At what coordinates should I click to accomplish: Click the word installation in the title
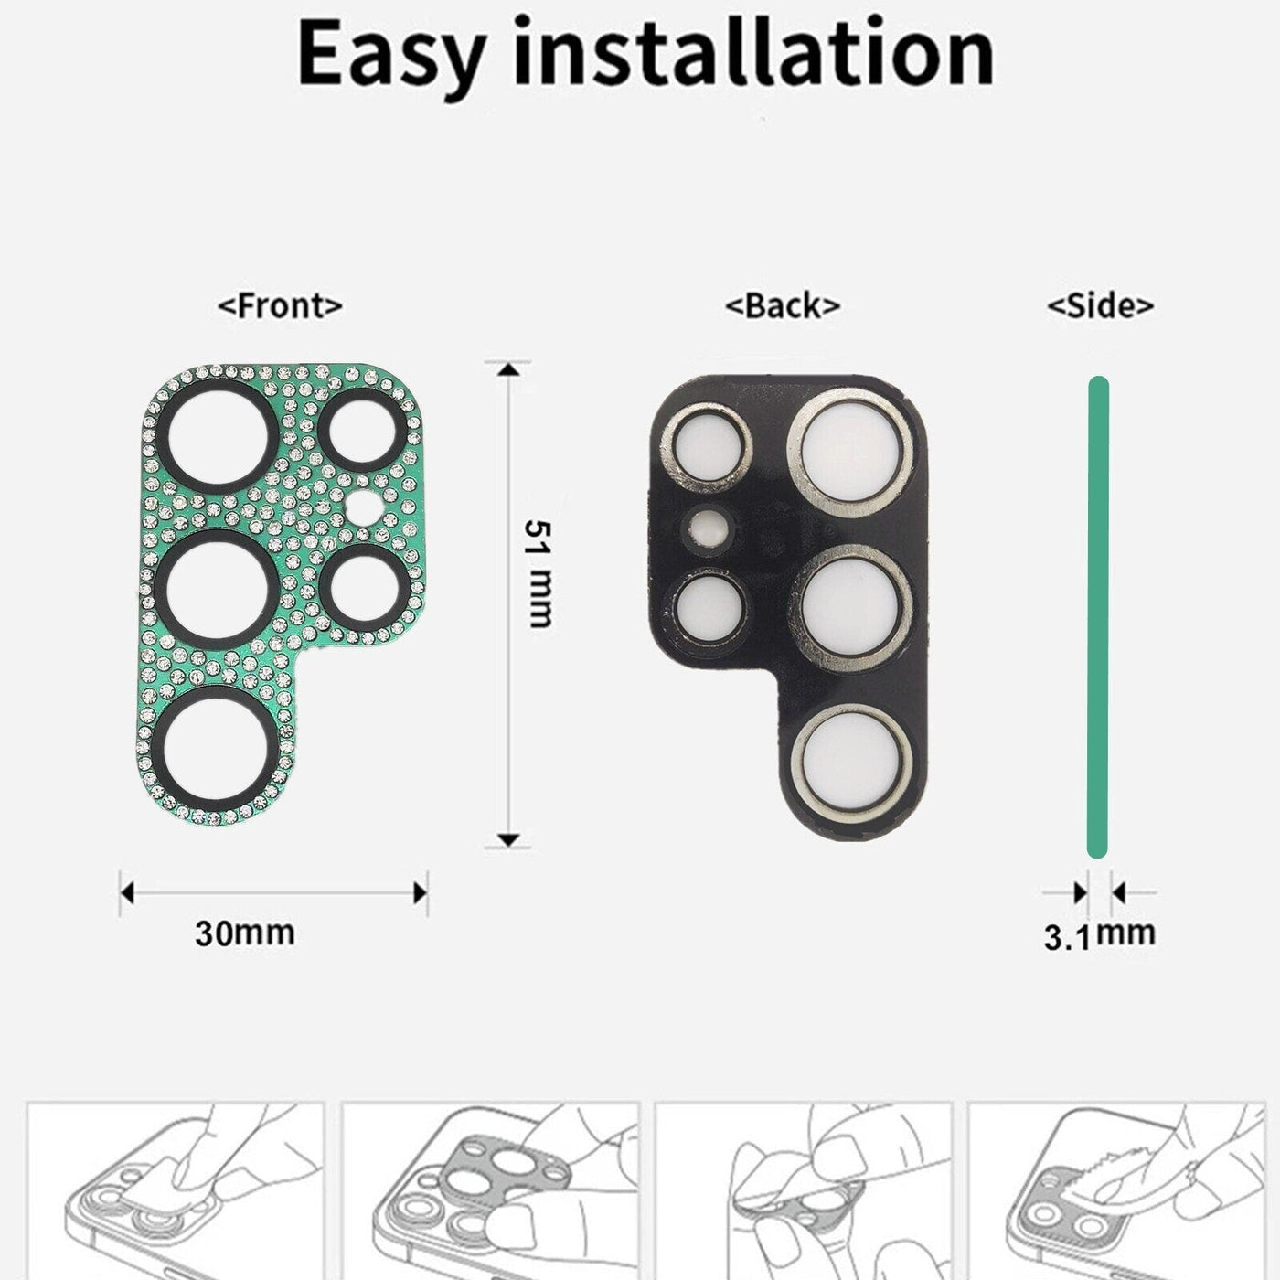tap(753, 53)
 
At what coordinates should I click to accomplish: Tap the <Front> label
tap(280, 305)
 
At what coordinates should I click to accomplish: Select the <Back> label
tap(782, 305)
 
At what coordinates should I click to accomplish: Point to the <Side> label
tap(1100, 305)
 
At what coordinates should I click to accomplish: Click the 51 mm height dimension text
tap(539, 573)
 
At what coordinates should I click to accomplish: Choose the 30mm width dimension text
tap(245, 933)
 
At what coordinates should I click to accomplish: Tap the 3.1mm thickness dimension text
tap(1099, 934)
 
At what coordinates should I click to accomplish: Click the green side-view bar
tap(1098, 617)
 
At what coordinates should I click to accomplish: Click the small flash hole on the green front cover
tap(365, 507)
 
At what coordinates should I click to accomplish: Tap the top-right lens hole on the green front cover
tap(362, 432)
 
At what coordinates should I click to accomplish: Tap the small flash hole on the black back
tap(709, 528)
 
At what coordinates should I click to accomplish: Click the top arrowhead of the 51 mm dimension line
tap(509, 368)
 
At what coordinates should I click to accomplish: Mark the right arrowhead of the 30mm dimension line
tap(421, 892)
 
